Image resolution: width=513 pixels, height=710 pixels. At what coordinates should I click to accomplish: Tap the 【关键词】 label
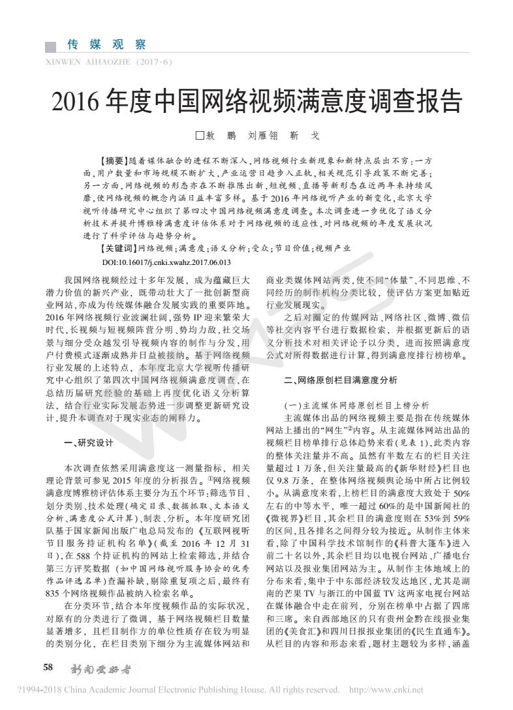(x=116, y=248)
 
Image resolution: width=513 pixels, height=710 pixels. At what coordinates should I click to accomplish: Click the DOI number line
(x=166, y=261)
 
